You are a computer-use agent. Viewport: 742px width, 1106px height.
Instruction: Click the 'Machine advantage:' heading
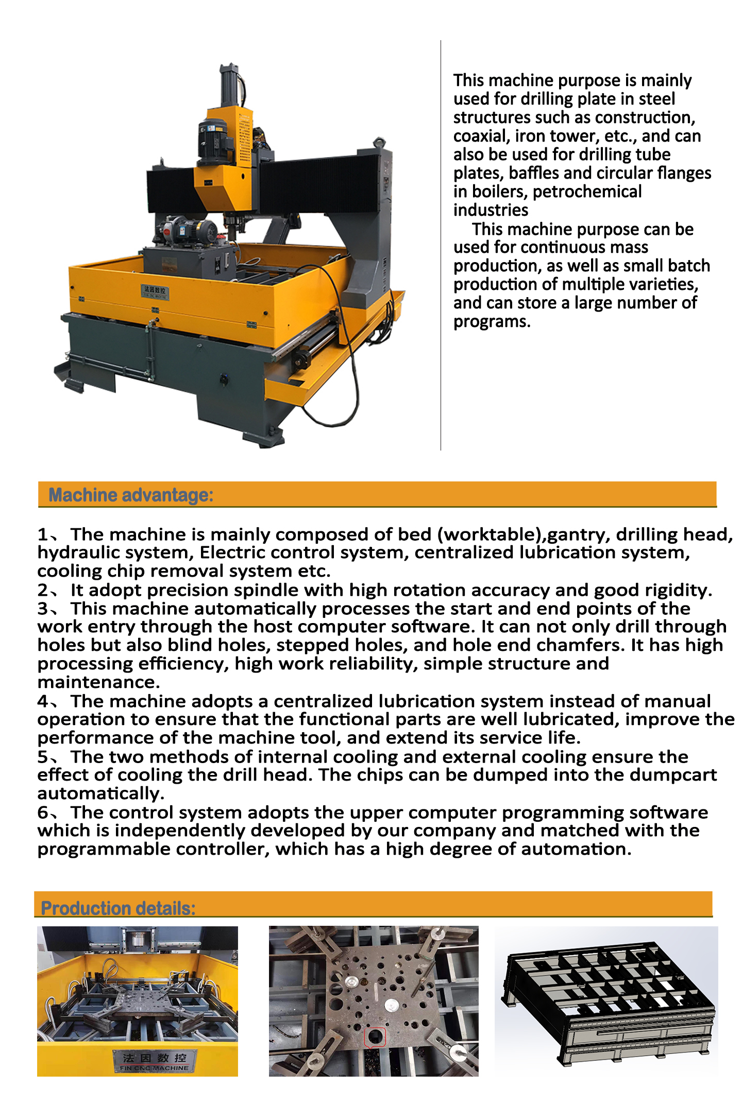131,495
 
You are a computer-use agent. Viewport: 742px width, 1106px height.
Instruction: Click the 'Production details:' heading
118,908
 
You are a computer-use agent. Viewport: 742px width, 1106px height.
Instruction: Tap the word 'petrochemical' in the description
587,192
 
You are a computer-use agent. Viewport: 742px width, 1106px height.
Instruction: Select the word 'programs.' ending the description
492,322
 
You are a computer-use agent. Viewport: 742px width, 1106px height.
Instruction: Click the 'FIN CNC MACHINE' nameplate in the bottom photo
155,1062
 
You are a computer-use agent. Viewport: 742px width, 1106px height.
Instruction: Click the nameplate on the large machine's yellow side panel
155,291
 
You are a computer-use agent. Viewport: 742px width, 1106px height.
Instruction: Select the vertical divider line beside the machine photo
441,245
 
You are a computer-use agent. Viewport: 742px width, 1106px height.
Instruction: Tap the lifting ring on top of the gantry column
380,141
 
